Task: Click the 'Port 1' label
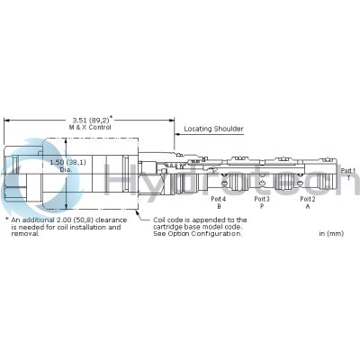347,170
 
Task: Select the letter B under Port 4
217,206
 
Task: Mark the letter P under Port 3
262,206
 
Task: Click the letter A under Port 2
307,206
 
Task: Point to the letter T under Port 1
347,178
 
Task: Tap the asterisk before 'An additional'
6,219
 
